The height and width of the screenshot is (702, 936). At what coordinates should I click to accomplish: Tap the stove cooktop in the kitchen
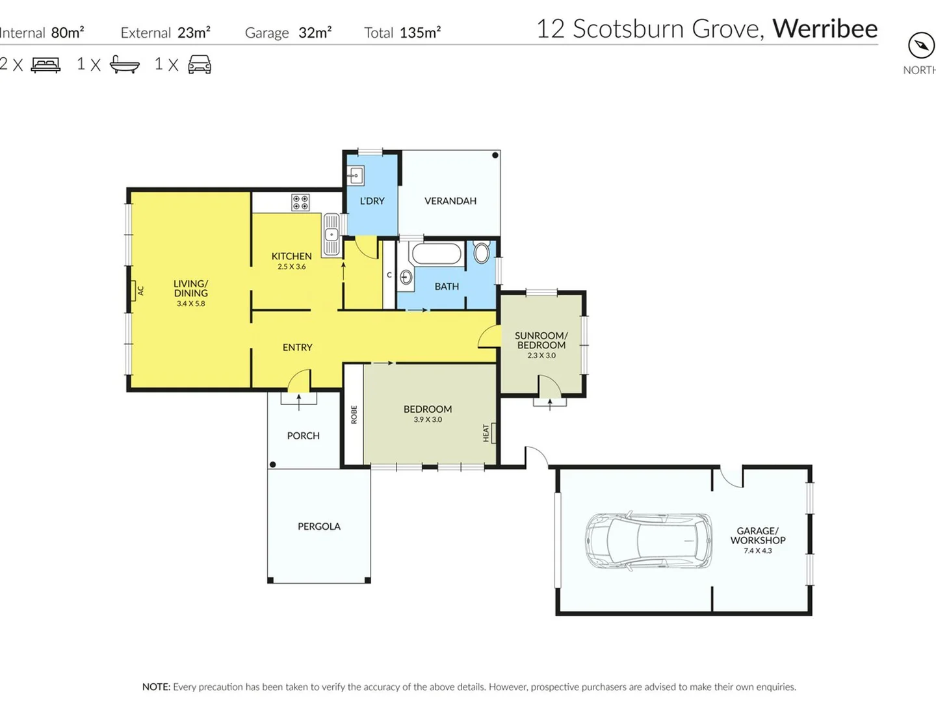click(x=300, y=202)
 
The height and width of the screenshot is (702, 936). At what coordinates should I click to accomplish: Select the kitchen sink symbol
click(x=331, y=235)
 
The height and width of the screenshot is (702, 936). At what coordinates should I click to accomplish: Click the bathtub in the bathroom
click(x=437, y=254)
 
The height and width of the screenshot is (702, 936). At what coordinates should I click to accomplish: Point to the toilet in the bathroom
click(x=482, y=252)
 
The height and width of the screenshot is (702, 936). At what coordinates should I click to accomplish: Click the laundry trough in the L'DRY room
click(x=356, y=175)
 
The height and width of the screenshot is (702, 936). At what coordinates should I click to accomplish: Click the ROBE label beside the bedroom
click(x=354, y=415)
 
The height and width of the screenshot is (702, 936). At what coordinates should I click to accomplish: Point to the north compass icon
click(x=920, y=46)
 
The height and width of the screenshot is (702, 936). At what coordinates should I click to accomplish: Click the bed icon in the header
click(x=45, y=64)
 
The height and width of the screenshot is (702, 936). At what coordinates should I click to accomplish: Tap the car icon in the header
click(x=200, y=64)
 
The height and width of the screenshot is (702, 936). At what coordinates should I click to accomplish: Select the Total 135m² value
click(x=420, y=32)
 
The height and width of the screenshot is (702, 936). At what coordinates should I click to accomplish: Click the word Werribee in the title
click(x=824, y=29)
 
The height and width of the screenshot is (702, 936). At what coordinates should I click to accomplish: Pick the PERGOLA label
click(x=319, y=526)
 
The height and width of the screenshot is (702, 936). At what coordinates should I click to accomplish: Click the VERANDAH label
click(x=450, y=201)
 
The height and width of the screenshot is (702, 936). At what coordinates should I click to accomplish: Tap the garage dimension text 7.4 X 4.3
click(x=758, y=551)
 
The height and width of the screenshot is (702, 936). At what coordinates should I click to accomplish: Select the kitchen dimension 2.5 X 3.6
click(x=291, y=266)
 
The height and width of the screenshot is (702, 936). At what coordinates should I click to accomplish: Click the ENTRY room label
click(x=297, y=348)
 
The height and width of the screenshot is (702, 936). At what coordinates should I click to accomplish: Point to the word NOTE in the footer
click(x=156, y=687)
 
